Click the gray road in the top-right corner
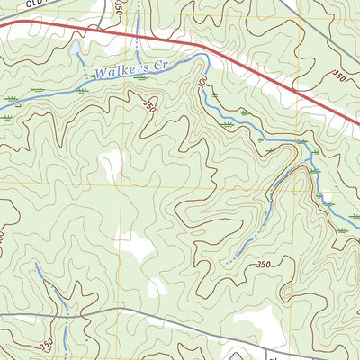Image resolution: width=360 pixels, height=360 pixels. click(x=297, y=9)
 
